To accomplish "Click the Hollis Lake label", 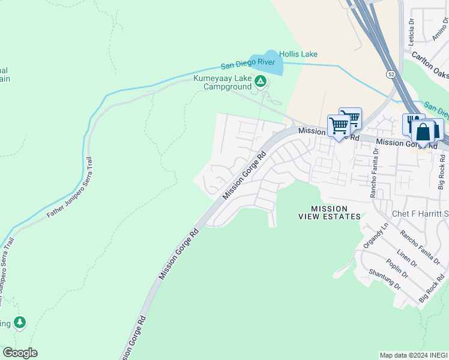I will pos(298,55).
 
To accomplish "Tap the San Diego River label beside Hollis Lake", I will pos(247,65).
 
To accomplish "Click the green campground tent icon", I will pos(260,81).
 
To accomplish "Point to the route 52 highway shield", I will pos(390,73).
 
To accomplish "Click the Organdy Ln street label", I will pos(376,237).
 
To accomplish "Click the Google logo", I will pos(20,353).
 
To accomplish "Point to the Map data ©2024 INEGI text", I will pos(413,355).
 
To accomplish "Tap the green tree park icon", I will pos(20,323).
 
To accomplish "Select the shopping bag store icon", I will pos(423,133).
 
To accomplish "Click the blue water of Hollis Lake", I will pos(267,64).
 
